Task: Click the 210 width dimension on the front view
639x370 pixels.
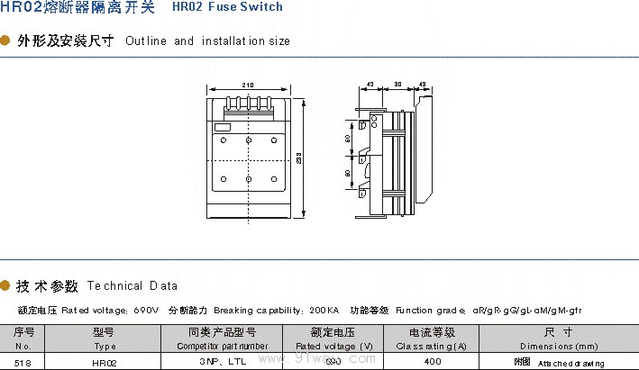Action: pyautogui.click(x=247, y=85)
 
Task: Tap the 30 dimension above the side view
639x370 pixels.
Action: pyautogui.click(x=397, y=85)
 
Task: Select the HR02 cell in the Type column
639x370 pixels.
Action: pyautogui.click(x=105, y=361)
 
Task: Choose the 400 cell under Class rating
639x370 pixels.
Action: pyautogui.click(x=432, y=361)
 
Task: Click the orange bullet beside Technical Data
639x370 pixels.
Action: pyautogui.click(x=6, y=286)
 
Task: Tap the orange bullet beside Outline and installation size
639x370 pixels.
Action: pyautogui.click(x=6, y=41)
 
